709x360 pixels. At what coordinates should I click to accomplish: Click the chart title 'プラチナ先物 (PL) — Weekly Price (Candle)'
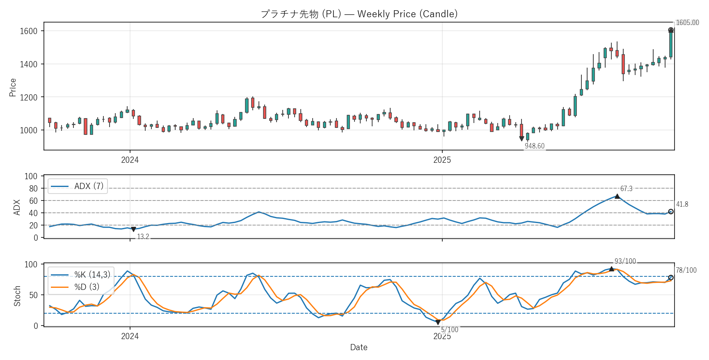[359, 14]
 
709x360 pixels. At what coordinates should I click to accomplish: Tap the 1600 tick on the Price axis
[29, 31]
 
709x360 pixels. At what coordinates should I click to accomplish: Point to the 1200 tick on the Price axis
[29, 98]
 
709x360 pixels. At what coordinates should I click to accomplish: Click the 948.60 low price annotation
[535, 146]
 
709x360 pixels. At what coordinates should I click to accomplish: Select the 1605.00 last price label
[687, 23]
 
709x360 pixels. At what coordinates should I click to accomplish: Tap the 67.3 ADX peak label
[626, 189]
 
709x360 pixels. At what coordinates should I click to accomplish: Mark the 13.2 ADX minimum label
[143, 237]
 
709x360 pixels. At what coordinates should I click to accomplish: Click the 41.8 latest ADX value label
[682, 205]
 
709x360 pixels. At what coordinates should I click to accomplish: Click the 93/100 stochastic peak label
[625, 262]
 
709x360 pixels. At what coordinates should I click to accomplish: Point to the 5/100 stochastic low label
[450, 330]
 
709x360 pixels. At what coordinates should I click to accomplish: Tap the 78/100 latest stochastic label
[686, 271]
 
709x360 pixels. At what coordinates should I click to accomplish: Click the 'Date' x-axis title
[359, 348]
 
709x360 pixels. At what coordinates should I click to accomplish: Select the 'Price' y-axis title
[13, 87]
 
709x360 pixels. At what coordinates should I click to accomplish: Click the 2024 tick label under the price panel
[130, 160]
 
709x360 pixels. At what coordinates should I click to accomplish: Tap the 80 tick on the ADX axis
[33, 189]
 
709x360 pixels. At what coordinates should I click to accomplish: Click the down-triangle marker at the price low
[521, 139]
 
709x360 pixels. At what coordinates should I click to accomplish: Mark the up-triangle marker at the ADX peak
[617, 196]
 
